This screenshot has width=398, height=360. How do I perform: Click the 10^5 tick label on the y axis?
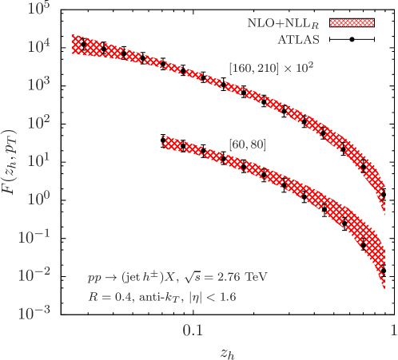tap(38, 9)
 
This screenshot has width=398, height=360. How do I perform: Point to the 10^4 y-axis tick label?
tap(38, 48)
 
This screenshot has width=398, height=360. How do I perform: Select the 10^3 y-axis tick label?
tap(38, 85)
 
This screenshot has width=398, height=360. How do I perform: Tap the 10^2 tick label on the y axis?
tap(38, 123)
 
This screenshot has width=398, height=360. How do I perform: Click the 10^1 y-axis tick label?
tap(38, 160)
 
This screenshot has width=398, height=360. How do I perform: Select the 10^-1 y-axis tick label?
tap(34, 236)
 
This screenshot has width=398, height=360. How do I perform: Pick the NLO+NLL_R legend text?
tap(285, 23)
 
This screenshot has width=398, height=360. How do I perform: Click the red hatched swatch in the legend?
tap(352, 23)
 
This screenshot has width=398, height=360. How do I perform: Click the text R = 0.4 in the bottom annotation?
tap(110, 296)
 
